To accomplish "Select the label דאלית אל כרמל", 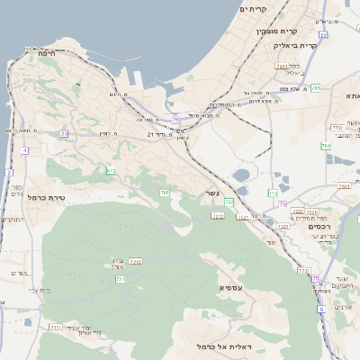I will pos(222,346).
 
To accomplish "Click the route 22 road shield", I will pos(322,34).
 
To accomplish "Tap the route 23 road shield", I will pos(64,133).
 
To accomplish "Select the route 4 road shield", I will pos(24,150).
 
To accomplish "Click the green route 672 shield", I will pos(111,169).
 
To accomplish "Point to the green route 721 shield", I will pos(120,279).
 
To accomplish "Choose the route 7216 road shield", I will pos(136,261).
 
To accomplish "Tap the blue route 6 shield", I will pos(320,309).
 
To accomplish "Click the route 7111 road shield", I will pos(56,328).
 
